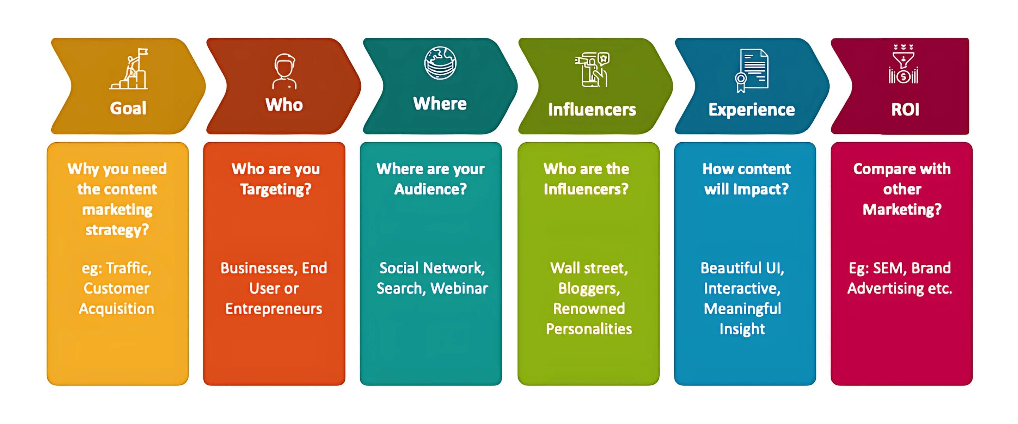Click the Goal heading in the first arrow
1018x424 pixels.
tap(128, 108)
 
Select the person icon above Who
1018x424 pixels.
tap(284, 72)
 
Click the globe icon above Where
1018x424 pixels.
tap(440, 63)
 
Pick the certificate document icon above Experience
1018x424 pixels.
tap(752, 70)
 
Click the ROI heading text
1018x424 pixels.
tap(905, 109)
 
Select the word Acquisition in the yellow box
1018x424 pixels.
tap(117, 309)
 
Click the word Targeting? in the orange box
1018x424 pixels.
tap(276, 189)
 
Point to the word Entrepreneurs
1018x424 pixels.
tap(274, 309)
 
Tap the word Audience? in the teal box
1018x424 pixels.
tap(430, 189)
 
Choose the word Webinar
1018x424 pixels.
tap(459, 288)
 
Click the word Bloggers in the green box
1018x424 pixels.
tap(588, 288)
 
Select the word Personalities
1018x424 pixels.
tap(589, 329)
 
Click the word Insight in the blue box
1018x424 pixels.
tap(742, 329)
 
